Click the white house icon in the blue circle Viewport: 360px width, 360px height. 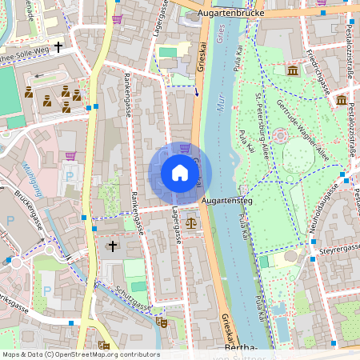pos(180,173)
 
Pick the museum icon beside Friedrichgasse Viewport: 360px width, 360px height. pos(293,71)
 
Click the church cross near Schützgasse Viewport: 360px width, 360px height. pos(113,246)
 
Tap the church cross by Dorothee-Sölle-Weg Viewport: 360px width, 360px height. pos(58,47)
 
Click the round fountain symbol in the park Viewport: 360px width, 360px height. pos(279,137)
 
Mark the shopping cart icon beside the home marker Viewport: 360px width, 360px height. pos(186,148)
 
